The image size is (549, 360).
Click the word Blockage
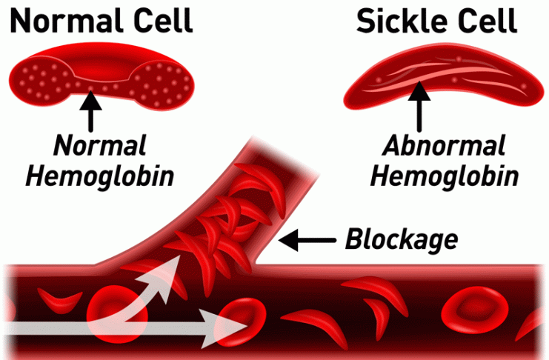pos(401,239)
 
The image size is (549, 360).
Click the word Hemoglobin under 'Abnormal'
pos(444,176)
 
